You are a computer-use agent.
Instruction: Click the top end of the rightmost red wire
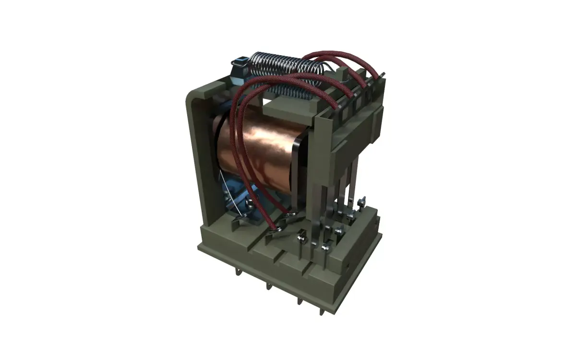[383, 73]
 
